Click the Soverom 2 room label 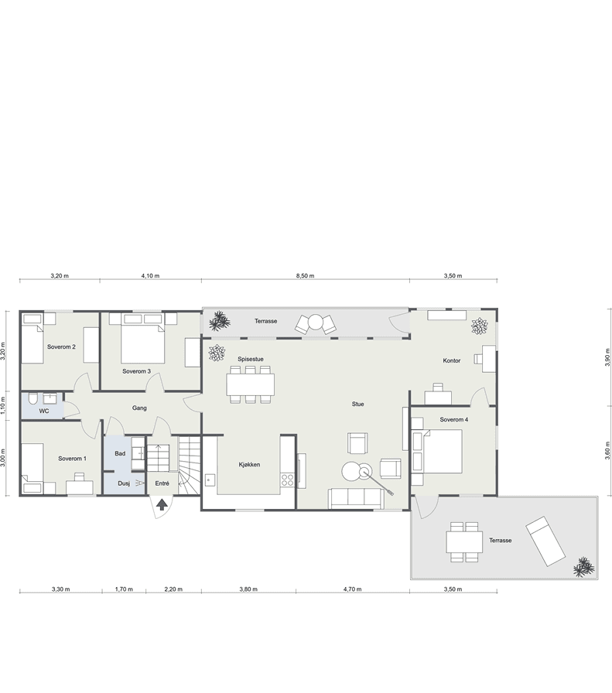(x=61, y=347)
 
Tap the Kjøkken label (x=249, y=465)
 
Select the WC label (x=44, y=411)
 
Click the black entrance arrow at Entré (x=162, y=504)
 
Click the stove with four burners (x=288, y=480)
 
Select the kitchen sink (x=210, y=480)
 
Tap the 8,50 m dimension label (x=305, y=276)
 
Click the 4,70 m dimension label (x=353, y=589)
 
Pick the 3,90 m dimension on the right (x=607, y=357)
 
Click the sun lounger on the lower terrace (x=545, y=541)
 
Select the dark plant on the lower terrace (x=583, y=568)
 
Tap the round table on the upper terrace (x=316, y=322)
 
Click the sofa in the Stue (x=356, y=499)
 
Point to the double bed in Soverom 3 (x=142, y=338)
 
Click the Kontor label (x=452, y=360)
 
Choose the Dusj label (x=124, y=483)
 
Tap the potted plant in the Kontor (x=479, y=326)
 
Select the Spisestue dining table (x=250, y=384)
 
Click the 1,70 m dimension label (x=124, y=589)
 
